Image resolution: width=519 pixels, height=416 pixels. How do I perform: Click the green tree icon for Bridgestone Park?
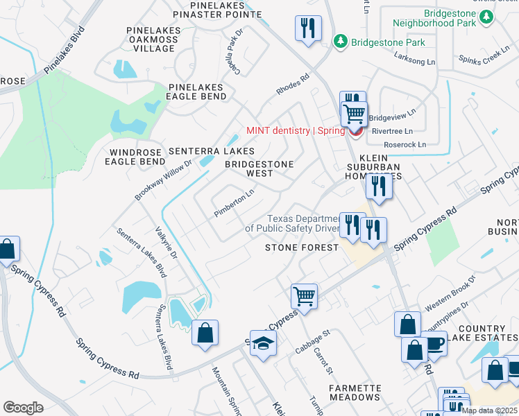point(340,42)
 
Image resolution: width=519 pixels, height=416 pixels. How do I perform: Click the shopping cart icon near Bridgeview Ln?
point(355,112)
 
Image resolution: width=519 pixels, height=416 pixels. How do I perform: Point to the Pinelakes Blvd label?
point(64,50)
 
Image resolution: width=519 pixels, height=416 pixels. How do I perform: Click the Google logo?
point(23,407)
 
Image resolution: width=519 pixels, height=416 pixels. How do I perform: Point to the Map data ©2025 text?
point(488,410)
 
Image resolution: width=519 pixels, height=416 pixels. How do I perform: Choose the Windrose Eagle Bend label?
point(135,156)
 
